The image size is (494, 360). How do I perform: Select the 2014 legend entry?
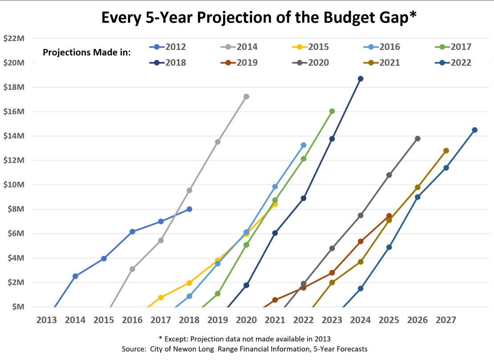click(239, 47)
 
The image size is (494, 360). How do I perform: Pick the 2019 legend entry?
click(239, 63)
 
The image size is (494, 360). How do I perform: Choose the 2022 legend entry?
click(453, 63)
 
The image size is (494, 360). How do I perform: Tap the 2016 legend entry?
click(381, 47)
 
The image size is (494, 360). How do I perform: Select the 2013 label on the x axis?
click(47, 320)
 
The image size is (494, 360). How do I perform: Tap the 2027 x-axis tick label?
click(446, 320)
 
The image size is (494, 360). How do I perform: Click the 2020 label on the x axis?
click(246, 320)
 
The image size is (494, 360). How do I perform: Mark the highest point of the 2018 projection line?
click(360, 79)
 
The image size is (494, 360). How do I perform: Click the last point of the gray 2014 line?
click(246, 97)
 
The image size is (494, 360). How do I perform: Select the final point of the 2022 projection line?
click(474, 130)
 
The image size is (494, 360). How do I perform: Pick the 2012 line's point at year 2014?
click(75, 276)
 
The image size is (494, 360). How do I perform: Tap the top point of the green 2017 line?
click(332, 111)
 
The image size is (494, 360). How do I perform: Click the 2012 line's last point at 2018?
click(189, 209)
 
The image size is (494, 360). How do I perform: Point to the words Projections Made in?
click(86, 53)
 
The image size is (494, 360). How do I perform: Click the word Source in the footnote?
click(135, 349)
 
